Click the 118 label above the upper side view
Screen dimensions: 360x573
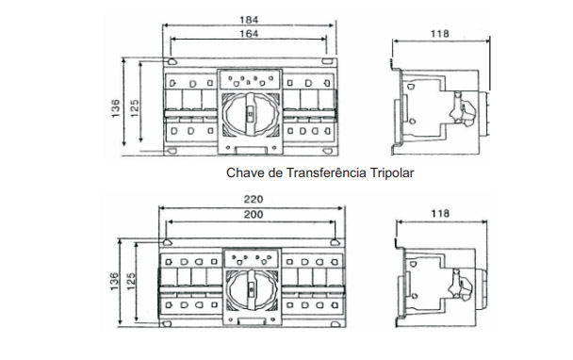(439, 35)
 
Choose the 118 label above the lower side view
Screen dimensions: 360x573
(439, 215)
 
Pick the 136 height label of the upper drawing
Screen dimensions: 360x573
(114, 110)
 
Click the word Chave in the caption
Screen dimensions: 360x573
(245, 173)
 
